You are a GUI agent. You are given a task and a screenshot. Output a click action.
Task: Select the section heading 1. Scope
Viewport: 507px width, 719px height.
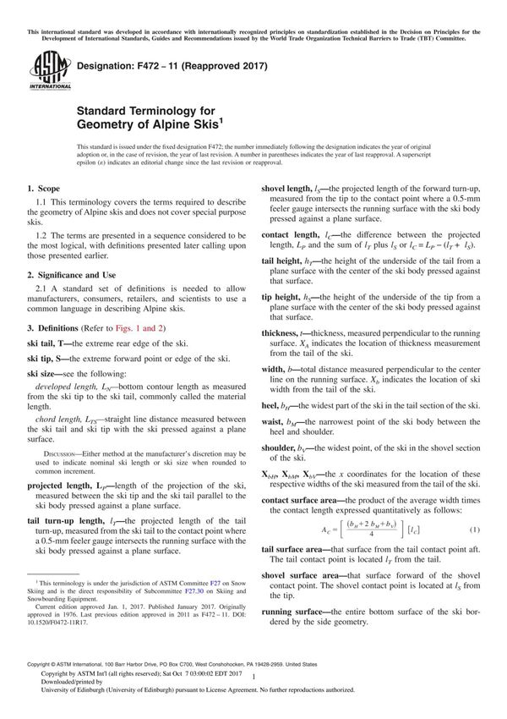pyautogui.click(x=43, y=189)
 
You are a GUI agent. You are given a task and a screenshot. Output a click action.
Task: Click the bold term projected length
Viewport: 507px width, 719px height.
pyautogui.click(x=66, y=486)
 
